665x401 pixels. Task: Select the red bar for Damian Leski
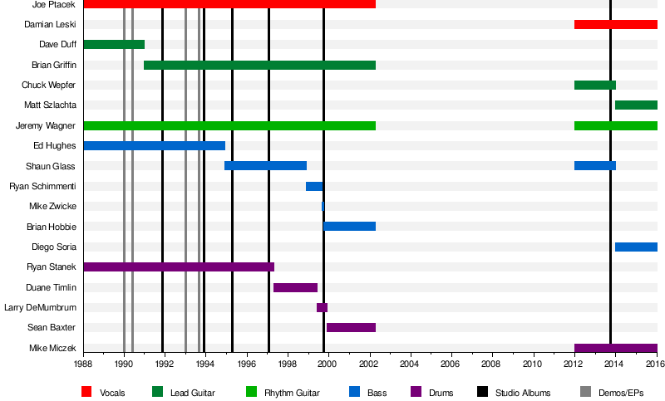click(615, 24)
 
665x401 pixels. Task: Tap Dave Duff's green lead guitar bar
click(114, 44)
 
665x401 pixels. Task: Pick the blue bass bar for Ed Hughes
click(154, 145)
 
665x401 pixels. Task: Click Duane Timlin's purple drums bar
click(295, 287)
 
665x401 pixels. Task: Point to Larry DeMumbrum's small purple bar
click(322, 307)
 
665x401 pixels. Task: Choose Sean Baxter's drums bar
click(351, 327)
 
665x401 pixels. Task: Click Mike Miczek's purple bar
click(615, 348)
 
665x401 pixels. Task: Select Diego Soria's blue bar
click(636, 247)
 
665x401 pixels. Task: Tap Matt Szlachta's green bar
click(636, 105)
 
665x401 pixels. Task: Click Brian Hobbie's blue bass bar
click(350, 226)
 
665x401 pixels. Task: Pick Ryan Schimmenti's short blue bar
click(314, 186)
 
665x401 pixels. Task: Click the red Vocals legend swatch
click(86, 392)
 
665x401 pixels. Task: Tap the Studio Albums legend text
click(522, 392)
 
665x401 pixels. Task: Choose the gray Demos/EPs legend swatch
click(563, 392)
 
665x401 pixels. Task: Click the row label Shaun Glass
click(53, 166)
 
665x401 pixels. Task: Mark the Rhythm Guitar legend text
click(290, 392)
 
